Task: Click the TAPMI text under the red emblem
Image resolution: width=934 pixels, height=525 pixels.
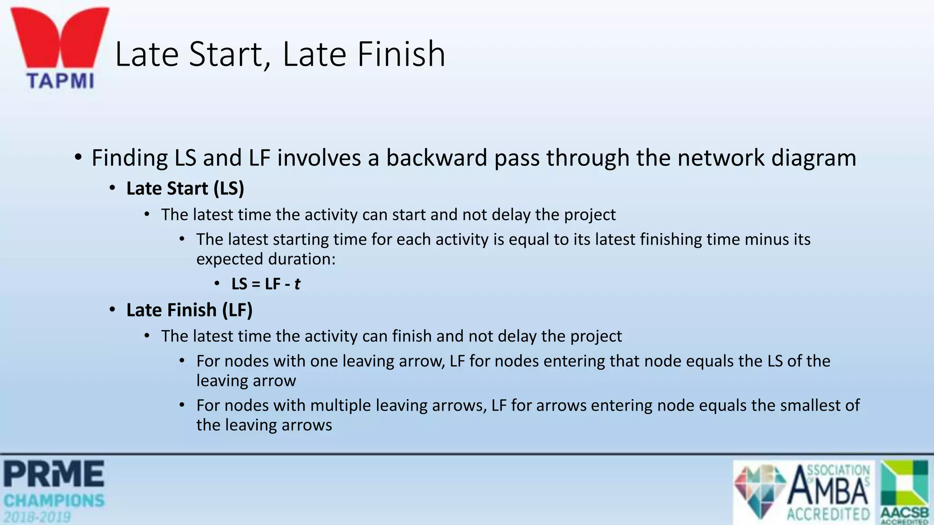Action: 60,81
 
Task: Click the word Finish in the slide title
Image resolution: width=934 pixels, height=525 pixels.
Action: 401,54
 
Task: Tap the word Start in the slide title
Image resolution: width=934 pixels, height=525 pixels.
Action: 226,54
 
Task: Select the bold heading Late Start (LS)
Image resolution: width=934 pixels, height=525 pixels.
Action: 185,189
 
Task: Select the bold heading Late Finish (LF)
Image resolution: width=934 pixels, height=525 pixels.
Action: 189,310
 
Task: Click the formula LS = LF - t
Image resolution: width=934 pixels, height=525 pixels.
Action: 265,284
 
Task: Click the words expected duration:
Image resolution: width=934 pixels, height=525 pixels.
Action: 266,259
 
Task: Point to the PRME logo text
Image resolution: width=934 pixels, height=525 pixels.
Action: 54,474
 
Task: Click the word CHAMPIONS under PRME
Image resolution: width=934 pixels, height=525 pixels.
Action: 54,501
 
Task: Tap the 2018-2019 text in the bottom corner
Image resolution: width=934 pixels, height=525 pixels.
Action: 37,517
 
